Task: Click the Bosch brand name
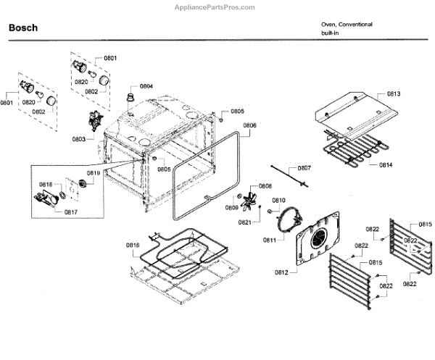click(x=23, y=28)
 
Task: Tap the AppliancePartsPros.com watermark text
click(x=215, y=7)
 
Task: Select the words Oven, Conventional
click(x=347, y=25)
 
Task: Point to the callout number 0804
click(x=146, y=86)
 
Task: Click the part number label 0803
click(x=79, y=138)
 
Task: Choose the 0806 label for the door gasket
click(x=249, y=125)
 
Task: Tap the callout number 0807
click(x=304, y=168)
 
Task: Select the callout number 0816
click(x=131, y=246)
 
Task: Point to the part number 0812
click(x=281, y=272)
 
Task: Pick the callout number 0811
click(x=269, y=240)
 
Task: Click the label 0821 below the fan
click(x=245, y=222)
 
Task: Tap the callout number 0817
click(x=71, y=212)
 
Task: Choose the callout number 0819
click(x=94, y=173)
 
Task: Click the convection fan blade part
click(x=251, y=200)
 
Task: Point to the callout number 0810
click(x=278, y=200)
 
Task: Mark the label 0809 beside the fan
click(x=231, y=208)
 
